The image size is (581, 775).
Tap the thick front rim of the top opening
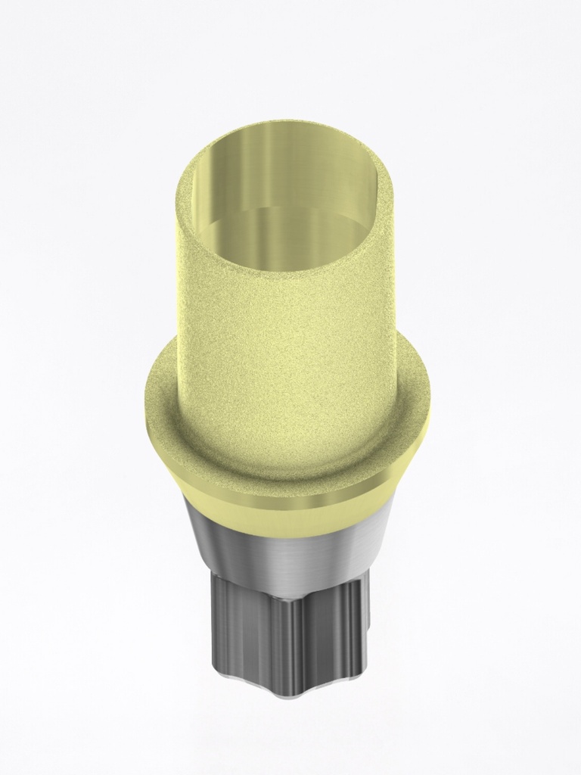tap(286, 279)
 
